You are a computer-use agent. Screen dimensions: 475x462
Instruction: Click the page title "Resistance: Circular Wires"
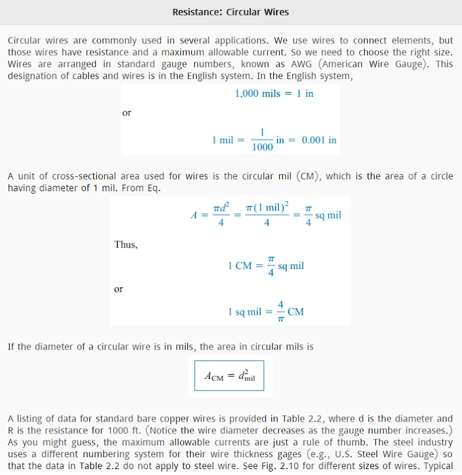pos(230,12)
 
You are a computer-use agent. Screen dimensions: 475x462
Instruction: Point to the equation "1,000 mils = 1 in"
pos(274,94)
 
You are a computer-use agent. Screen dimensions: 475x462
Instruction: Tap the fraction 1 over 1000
pos(262,140)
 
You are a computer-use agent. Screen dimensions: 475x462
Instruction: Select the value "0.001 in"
pos(319,140)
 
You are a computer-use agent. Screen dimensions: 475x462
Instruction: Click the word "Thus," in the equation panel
pos(126,245)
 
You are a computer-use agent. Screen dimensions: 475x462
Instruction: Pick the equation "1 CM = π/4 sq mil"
pos(265,266)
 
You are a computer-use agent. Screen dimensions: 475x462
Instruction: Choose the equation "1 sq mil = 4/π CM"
pos(265,312)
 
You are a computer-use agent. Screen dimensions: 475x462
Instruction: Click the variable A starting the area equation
pos(194,216)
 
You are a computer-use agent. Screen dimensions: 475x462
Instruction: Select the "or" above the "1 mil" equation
pos(126,113)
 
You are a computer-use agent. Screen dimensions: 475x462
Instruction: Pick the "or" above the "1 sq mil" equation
pos(119,289)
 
